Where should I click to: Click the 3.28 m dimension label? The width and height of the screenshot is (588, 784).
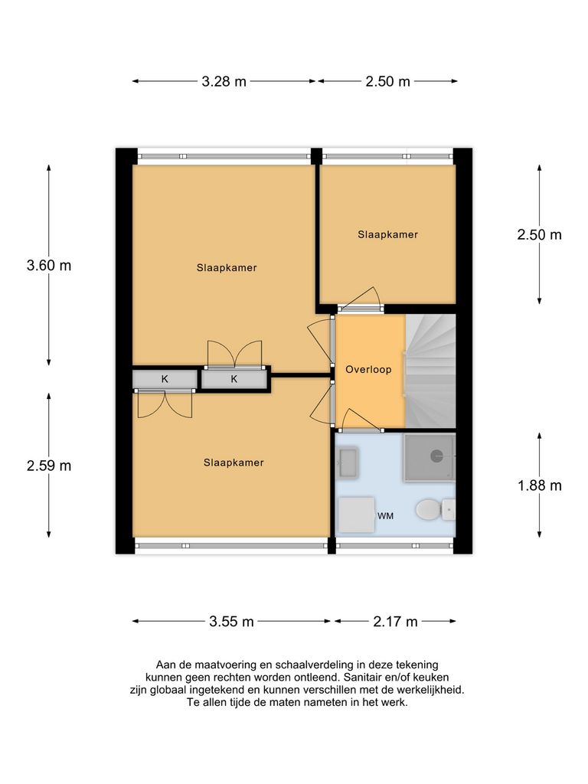point(224,81)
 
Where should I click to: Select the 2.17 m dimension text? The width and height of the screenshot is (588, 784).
point(395,622)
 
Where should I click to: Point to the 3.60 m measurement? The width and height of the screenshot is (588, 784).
point(49,266)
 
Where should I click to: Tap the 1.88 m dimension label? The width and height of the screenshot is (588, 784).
point(540,485)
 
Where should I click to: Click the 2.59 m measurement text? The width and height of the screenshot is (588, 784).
point(49,466)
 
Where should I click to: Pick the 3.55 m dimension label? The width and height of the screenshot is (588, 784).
point(231,622)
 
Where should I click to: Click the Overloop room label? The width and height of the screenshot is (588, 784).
point(368,370)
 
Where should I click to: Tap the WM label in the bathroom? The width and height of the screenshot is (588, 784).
point(386,516)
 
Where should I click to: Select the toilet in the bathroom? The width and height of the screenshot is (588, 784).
point(435,510)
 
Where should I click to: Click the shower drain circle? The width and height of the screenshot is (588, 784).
point(437,456)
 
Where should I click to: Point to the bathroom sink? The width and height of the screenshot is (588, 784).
point(348,462)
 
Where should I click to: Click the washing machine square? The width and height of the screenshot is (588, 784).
point(357,514)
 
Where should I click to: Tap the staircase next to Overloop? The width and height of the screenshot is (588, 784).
point(430,371)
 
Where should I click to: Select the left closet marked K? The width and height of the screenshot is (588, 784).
point(165,380)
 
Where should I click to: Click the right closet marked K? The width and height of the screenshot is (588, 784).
point(234,380)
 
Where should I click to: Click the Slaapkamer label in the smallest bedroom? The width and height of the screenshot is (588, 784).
point(387,234)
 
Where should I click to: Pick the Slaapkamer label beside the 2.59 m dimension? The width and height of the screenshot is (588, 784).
point(234,462)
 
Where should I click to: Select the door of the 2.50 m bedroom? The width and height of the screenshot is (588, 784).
point(359,299)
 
